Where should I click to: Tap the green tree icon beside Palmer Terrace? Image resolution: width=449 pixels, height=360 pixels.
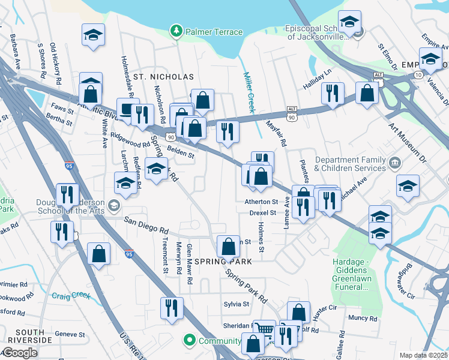pos(176,31)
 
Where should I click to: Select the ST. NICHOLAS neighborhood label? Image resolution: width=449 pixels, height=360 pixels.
pos(163,77)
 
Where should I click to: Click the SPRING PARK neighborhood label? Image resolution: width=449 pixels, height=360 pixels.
pos(227,262)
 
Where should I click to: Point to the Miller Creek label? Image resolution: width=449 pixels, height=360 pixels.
pos(249,92)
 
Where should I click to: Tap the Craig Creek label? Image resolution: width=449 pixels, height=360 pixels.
pos(71,295)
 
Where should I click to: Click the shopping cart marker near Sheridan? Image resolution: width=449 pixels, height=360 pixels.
pos(264,330)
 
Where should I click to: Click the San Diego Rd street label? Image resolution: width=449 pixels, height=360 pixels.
pos(145,229)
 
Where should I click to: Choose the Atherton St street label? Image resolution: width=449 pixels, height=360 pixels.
pos(261,202)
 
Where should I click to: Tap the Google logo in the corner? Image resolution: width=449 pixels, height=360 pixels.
pos(20,352)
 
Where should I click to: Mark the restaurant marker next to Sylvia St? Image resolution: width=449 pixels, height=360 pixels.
pos(172,308)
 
